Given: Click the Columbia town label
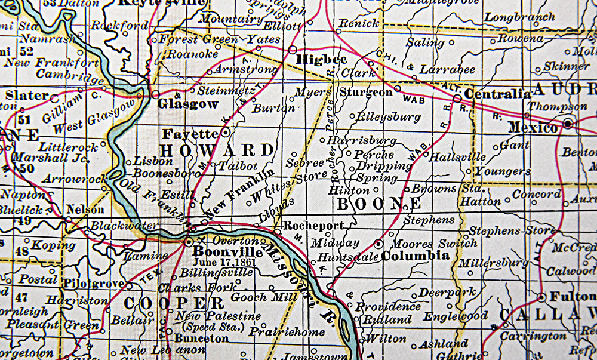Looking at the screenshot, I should click(416, 256).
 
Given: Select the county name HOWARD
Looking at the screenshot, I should click(218, 150).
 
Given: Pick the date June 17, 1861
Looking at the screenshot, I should click(221, 261).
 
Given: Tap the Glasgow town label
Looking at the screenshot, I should click(187, 104).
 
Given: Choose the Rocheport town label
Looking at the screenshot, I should click(313, 226).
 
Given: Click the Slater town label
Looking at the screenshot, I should click(27, 96).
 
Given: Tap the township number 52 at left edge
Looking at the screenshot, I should click(26, 52).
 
